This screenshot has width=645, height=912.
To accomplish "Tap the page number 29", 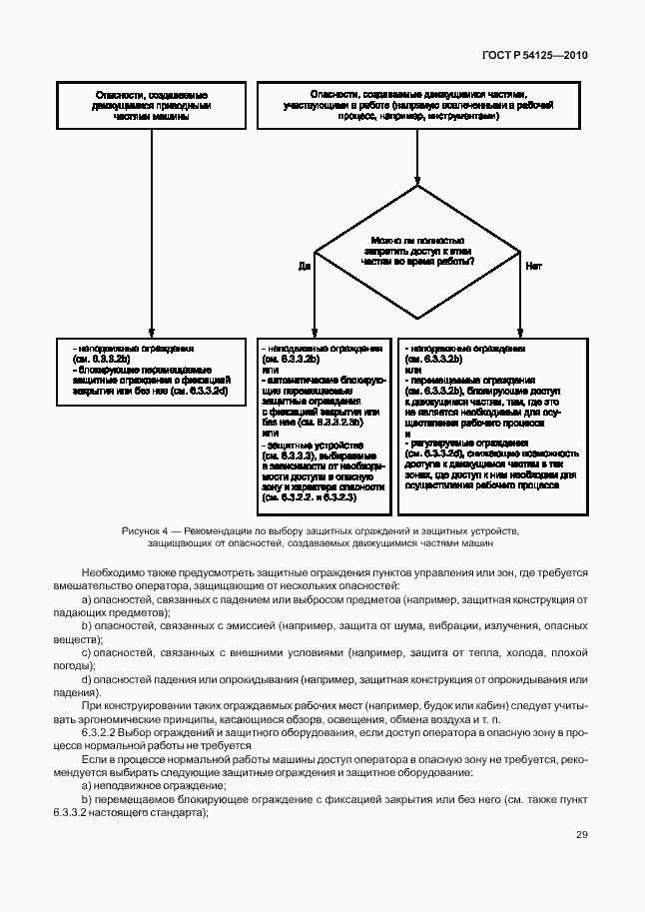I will tap(581, 835).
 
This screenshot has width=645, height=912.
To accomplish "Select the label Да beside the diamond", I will tap(305, 267).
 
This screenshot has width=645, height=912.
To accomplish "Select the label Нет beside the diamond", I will tap(533, 267).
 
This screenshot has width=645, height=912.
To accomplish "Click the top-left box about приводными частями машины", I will tap(151, 104).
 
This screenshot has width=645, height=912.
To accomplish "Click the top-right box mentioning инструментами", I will tap(417, 104).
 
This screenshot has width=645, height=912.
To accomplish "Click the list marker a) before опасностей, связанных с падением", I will tap(87, 598).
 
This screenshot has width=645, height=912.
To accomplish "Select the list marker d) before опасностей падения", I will tap(87, 680).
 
